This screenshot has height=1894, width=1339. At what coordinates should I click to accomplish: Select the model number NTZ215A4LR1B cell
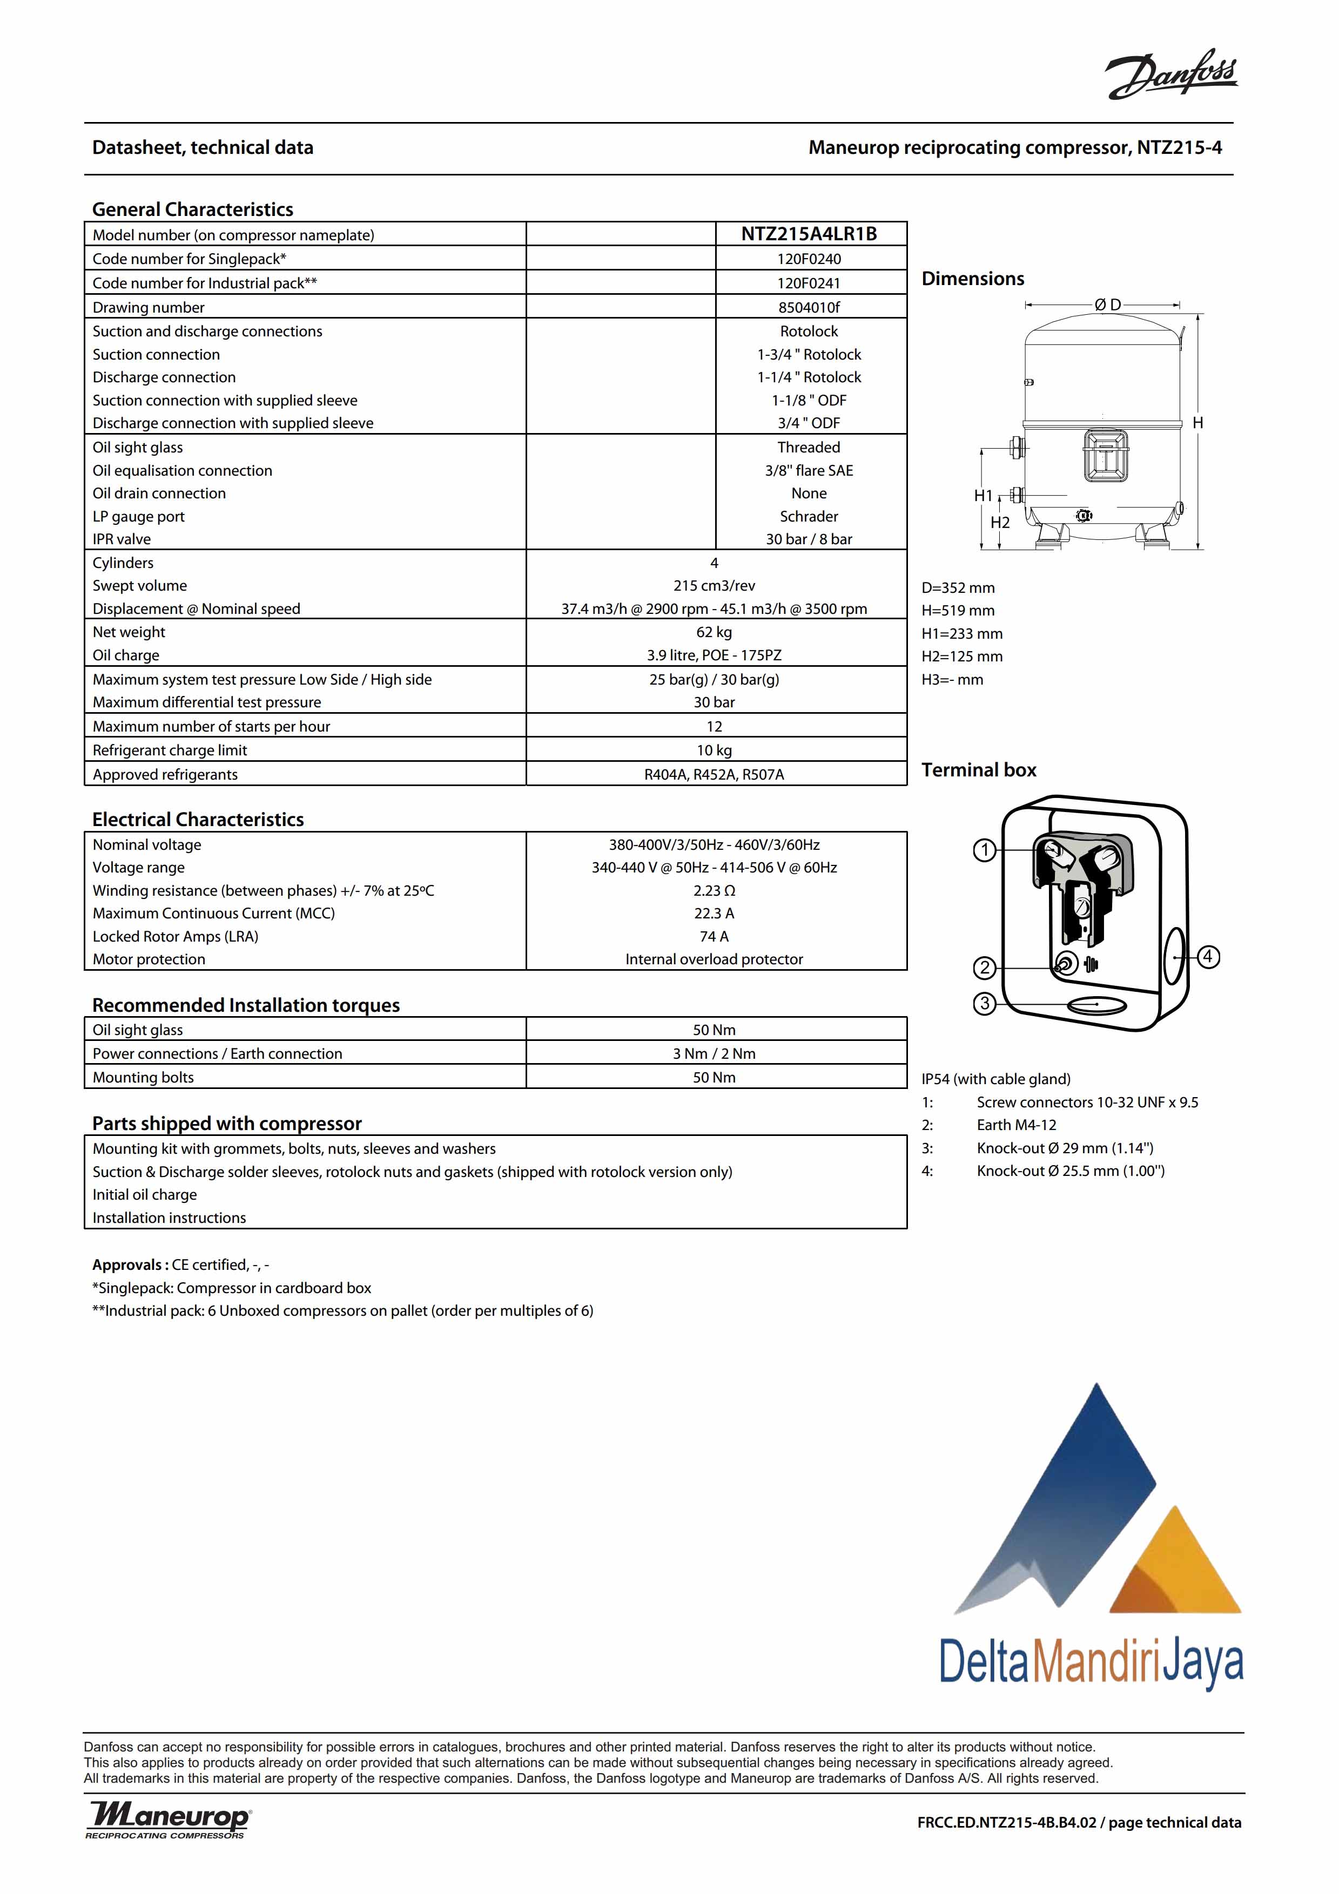(809, 234)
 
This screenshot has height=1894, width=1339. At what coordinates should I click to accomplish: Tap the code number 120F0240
(809, 259)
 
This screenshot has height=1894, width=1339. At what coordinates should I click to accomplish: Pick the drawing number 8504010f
(809, 308)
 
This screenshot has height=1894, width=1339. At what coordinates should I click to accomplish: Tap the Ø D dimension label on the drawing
(1107, 305)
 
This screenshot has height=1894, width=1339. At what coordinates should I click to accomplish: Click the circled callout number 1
(984, 850)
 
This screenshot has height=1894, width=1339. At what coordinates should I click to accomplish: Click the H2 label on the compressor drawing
(1000, 523)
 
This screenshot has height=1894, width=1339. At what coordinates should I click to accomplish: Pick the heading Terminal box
(979, 770)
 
